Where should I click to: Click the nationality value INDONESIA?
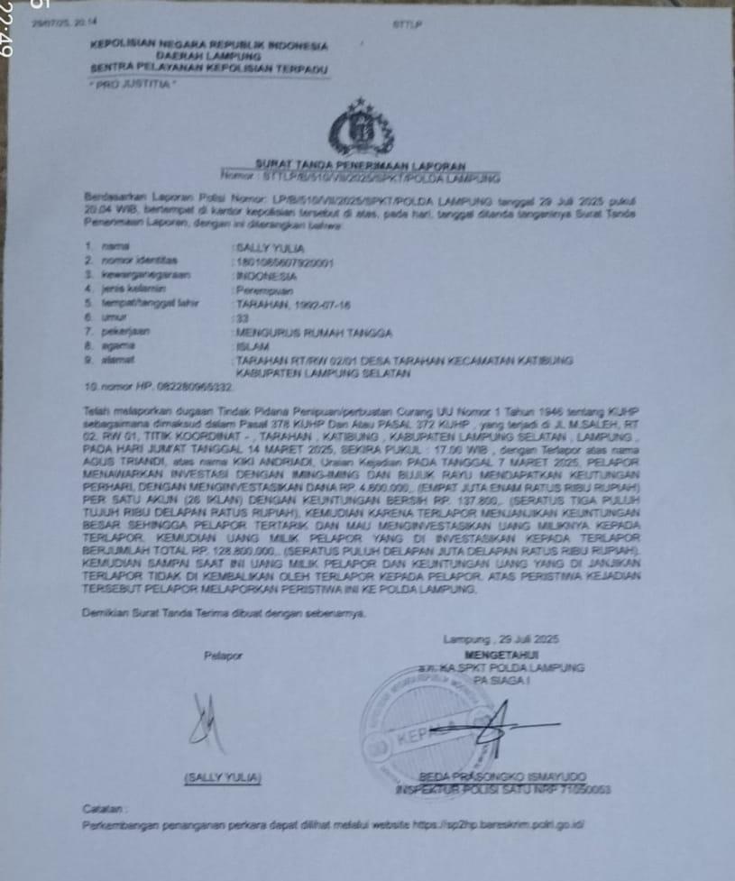[x=265, y=274]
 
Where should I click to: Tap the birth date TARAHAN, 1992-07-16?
[x=281, y=303]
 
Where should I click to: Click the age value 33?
[x=241, y=317]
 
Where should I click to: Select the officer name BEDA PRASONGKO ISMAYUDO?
[x=502, y=776]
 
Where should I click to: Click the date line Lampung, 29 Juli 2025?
[x=502, y=639]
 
